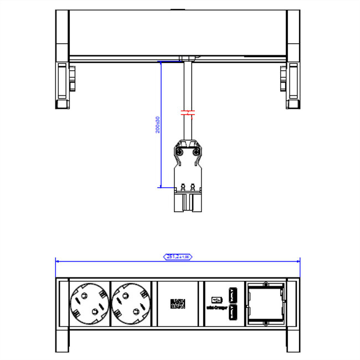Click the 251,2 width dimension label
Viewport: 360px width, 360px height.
178,256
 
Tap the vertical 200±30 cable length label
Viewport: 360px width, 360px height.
157,125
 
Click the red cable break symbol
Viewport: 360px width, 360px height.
188,114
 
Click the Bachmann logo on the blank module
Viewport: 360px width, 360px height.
178,304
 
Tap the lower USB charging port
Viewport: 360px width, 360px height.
233,313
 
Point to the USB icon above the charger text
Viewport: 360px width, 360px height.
216,294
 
